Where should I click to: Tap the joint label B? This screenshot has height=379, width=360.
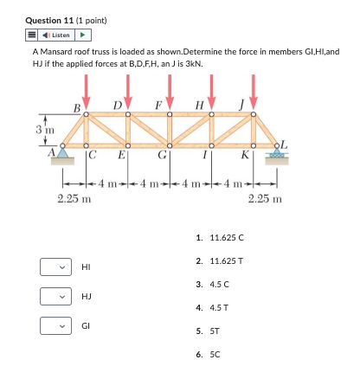77,106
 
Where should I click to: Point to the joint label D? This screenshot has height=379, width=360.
117,106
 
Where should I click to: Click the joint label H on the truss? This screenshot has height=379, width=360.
200,106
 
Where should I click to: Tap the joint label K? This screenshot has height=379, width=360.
247,157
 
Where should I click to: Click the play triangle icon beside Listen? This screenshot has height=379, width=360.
84,35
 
